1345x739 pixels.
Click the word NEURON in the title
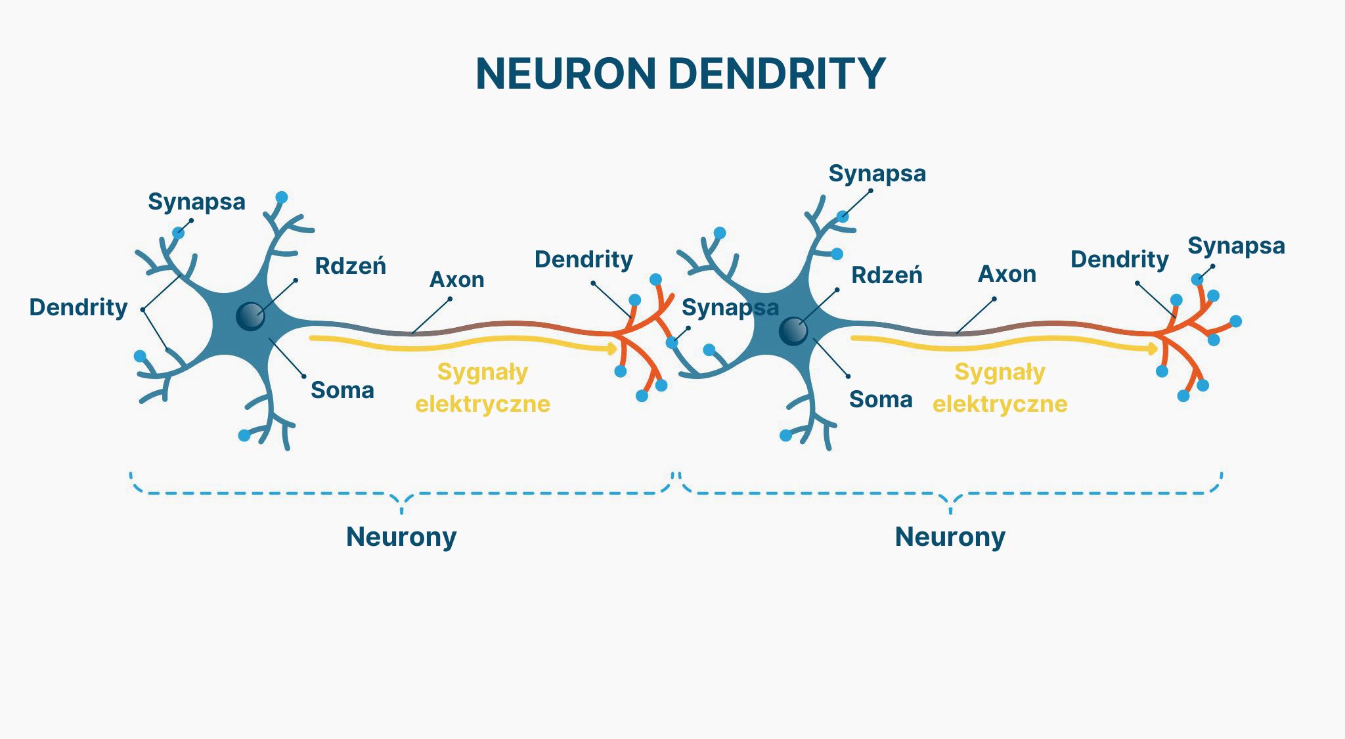tap(565, 74)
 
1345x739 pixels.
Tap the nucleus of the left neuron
tap(250, 316)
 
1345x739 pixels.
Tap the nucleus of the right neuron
tap(793, 331)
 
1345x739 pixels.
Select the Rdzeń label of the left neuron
tap(350, 266)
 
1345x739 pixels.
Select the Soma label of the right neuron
tap(880, 399)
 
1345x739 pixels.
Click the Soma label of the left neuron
tap(342, 390)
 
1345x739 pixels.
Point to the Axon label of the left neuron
tap(456, 280)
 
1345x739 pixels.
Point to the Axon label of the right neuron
tap(1007, 274)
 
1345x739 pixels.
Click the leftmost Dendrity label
tap(78, 307)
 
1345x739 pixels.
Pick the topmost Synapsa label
tap(877, 173)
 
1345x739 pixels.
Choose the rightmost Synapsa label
tap(1236, 246)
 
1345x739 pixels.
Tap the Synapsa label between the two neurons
tap(730, 307)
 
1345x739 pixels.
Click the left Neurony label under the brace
tap(401, 537)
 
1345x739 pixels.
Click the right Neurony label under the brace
tap(950, 537)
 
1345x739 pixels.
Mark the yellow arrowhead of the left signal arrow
tap(613, 348)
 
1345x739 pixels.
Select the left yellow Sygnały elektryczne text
tap(483, 388)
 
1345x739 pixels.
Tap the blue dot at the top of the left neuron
tap(282, 197)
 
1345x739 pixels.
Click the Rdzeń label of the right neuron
tap(887, 275)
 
